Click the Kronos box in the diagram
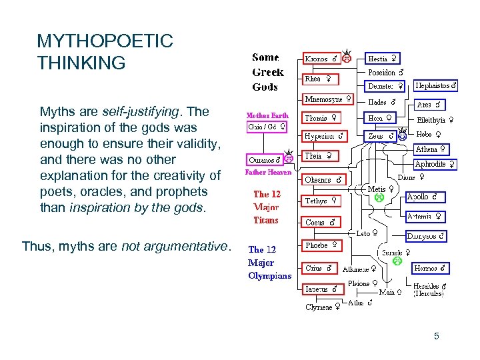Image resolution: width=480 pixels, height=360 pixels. click(x=321, y=59)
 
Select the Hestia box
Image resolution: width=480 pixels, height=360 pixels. click(x=383, y=59)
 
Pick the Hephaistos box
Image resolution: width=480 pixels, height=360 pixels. click(x=436, y=86)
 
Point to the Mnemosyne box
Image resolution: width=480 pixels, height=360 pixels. click(x=327, y=99)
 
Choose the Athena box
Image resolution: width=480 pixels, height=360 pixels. click(x=430, y=149)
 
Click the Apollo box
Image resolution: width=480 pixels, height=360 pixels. click(x=425, y=197)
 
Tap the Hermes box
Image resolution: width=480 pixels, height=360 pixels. click(x=429, y=269)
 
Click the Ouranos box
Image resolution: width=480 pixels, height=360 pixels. click(x=264, y=159)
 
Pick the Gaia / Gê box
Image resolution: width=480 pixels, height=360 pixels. click(x=267, y=125)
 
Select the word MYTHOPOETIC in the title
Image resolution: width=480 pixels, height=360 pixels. click(x=105, y=41)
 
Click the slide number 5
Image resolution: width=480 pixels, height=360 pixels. click(x=436, y=336)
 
